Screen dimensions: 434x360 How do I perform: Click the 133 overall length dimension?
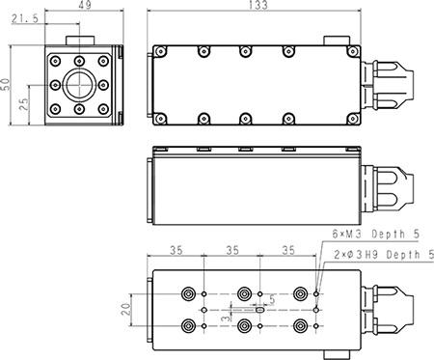click(258, 5)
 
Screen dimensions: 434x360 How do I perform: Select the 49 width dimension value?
click(85, 5)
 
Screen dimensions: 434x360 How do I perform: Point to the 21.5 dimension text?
click(25, 18)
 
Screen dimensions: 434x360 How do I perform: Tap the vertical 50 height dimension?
click(6, 84)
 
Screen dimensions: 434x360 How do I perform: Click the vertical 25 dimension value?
click(24, 104)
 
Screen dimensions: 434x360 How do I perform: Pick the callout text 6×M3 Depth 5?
click(376, 234)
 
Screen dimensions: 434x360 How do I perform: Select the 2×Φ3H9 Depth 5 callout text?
click(384, 255)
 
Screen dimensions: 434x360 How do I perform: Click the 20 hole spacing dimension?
click(126, 310)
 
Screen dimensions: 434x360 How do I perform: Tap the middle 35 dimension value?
click(232, 250)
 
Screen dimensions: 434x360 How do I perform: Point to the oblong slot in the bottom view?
click(259, 310)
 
